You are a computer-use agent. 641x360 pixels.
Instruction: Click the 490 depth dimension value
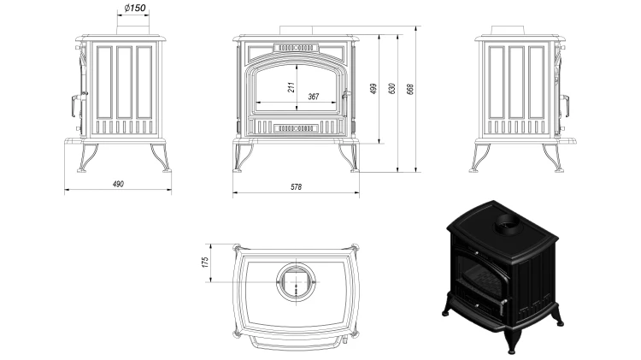click(x=118, y=184)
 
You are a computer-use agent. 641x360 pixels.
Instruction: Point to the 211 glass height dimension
click(x=291, y=86)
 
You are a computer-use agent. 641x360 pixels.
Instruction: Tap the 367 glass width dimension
click(x=313, y=97)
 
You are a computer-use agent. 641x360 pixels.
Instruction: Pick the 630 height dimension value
click(x=392, y=89)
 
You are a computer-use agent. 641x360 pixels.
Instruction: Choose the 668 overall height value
click(x=410, y=89)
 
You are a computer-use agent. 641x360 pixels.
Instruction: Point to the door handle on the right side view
click(x=565, y=107)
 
